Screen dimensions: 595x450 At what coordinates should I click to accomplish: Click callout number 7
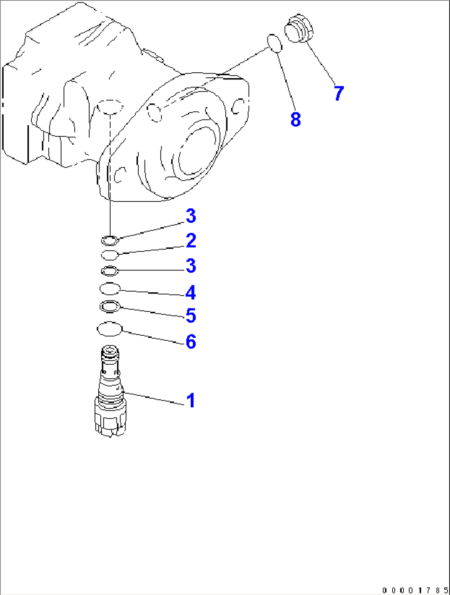(339, 93)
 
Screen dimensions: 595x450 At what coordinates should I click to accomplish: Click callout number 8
(296, 119)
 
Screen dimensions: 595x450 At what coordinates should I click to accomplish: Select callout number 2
(191, 241)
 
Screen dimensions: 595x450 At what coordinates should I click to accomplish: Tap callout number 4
(190, 292)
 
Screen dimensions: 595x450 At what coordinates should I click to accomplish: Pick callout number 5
(190, 315)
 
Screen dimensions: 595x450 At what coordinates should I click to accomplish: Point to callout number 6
(191, 342)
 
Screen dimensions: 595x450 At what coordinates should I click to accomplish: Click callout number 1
(190, 400)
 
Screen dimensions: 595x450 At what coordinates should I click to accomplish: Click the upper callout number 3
(191, 216)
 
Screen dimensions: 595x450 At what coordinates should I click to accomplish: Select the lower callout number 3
(191, 265)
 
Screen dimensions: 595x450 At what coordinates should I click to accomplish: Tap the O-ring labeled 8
(275, 43)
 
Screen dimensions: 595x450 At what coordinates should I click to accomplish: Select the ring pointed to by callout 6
(110, 329)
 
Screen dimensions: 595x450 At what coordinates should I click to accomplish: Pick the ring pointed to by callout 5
(110, 306)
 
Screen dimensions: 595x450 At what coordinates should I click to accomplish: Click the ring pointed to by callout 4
(110, 288)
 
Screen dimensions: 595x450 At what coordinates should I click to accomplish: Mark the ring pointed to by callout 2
(110, 254)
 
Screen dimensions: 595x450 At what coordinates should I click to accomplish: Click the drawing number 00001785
(415, 590)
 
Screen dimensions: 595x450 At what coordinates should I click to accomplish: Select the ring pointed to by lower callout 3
(110, 271)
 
